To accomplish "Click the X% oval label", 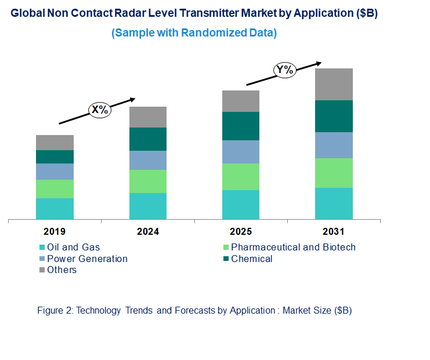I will point(99,110).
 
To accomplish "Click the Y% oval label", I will point(285,71).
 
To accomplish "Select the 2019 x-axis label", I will point(55,232).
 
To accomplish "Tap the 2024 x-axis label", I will point(148,232).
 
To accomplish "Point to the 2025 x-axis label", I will point(241,232).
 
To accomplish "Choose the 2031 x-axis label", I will point(334,232).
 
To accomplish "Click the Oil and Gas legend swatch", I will point(42,248).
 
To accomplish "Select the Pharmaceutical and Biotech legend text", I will point(293,248).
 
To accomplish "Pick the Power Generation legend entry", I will point(87,259).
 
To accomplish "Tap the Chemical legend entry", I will point(251,259).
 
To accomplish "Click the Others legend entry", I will point(62,270).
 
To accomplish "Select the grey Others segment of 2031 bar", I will point(334,84).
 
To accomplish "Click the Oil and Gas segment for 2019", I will point(55,209).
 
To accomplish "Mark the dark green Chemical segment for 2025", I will point(241,126).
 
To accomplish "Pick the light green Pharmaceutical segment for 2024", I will point(148,181).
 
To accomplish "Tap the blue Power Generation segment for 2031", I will point(334,145).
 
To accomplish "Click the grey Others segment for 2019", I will point(55,143).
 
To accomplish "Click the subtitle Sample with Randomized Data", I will point(194,33).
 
